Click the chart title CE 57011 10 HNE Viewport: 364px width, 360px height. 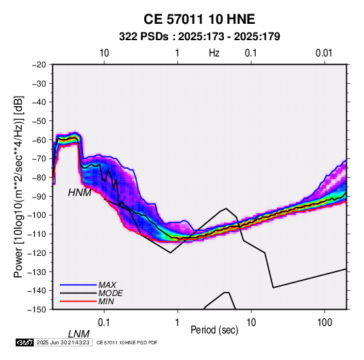point(199,19)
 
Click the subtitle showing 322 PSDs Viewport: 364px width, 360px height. point(199,37)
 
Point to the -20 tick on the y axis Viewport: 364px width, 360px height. point(39,65)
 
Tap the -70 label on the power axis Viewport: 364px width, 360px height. point(39,159)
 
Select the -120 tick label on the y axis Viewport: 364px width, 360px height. point(37,252)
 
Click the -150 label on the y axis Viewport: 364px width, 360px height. point(37,310)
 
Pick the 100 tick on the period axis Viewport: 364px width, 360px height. point(325,323)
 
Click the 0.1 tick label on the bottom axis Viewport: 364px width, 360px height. point(104,323)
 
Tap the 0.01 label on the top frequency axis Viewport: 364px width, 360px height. point(324,53)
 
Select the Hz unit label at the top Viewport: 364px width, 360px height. point(214,53)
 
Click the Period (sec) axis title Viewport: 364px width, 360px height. point(214,330)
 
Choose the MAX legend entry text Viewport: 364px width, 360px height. point(107,284)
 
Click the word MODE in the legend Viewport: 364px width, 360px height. point(110,293)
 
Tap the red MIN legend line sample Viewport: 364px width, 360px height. point(78,301)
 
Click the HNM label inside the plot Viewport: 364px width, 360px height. point(80,193)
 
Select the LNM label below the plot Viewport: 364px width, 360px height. point(79,334)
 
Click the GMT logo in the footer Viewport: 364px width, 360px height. point(24,342)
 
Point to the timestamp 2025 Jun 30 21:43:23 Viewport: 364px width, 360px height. point(63,342)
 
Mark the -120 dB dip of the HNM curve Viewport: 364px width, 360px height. point(170,252)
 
